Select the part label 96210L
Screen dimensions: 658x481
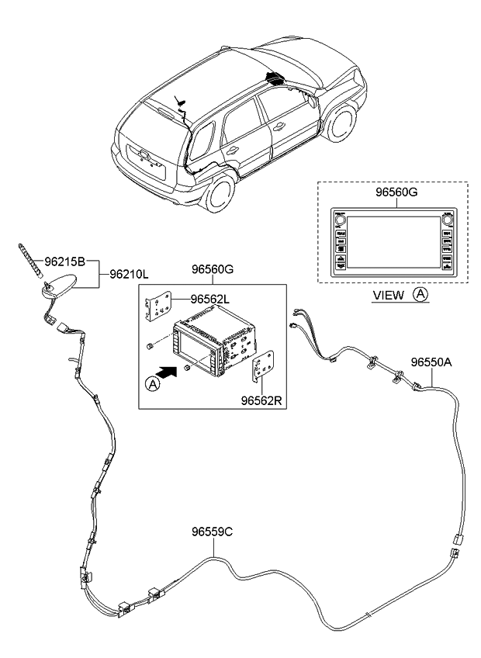coord(128,274)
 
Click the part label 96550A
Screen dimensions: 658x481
coord(431,362)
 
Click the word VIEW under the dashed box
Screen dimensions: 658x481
coord(389,295)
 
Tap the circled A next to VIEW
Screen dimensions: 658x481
coord(419,295)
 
